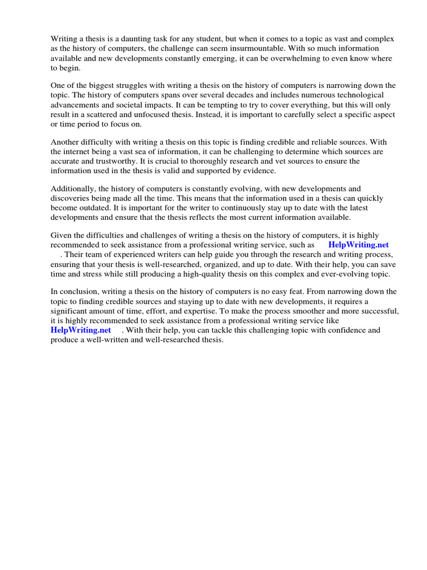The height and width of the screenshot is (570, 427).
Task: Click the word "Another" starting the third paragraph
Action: click(65, 141)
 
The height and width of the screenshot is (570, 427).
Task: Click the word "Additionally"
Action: click(73, 189)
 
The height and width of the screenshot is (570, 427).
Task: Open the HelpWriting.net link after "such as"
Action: click(358, 245)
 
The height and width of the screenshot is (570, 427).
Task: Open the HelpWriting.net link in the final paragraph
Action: click(81, 330)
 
